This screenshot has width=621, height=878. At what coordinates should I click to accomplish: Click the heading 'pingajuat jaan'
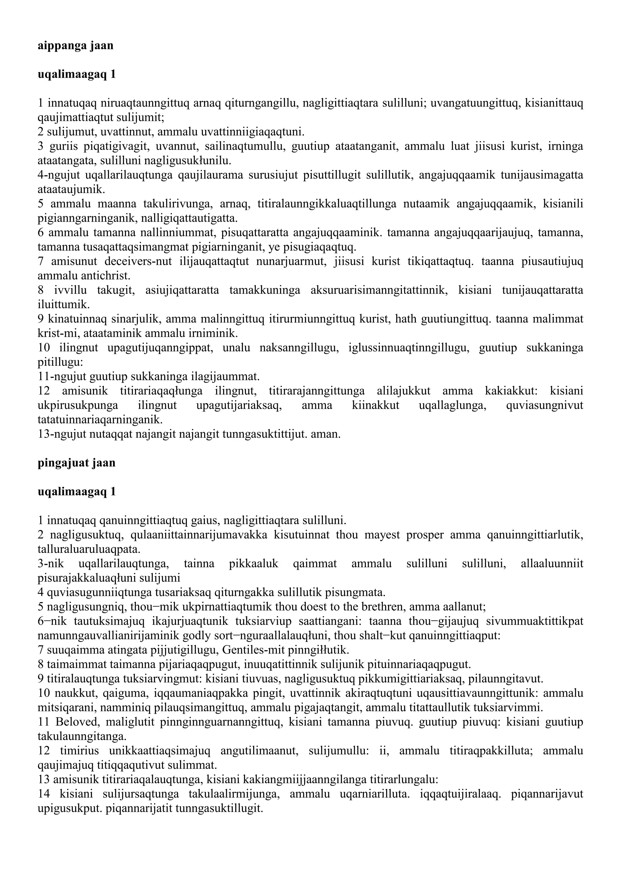(x=76, y=463)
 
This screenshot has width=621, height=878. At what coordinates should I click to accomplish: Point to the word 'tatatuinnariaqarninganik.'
(x=100, y=420)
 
